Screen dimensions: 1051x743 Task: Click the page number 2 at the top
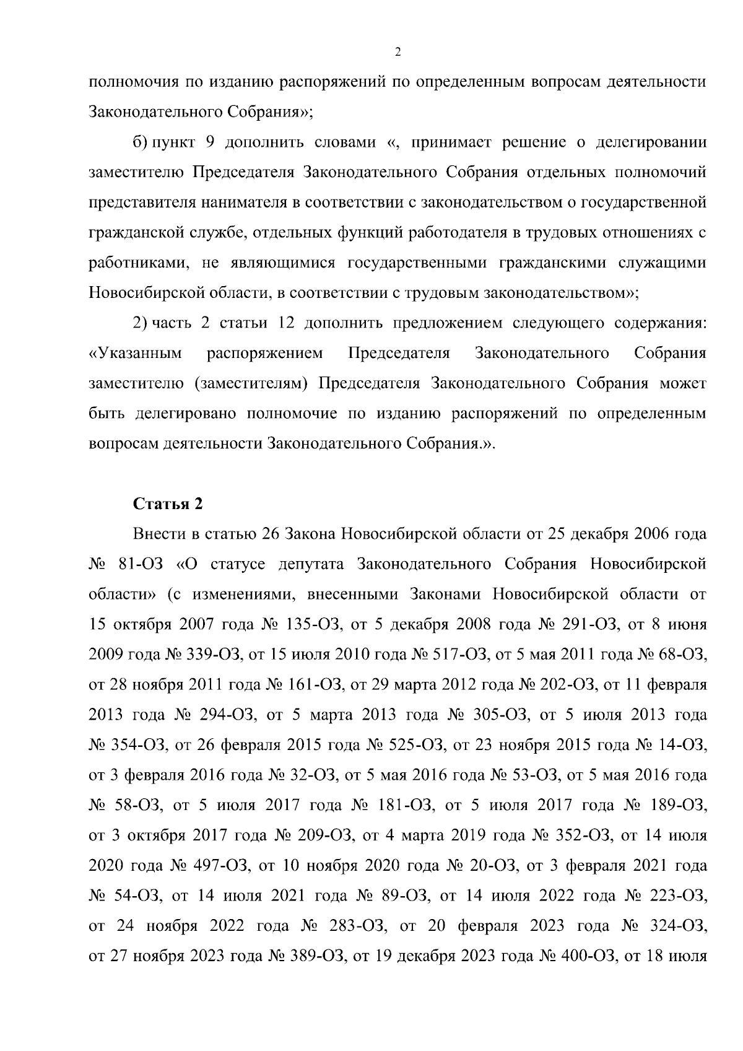click(398, 52)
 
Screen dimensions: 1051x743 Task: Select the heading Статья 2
click(168, 504)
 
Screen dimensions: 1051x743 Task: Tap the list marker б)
click(139, 142)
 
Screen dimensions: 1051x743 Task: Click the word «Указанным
click(136, 353)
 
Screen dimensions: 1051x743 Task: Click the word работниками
click(137, 263)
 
